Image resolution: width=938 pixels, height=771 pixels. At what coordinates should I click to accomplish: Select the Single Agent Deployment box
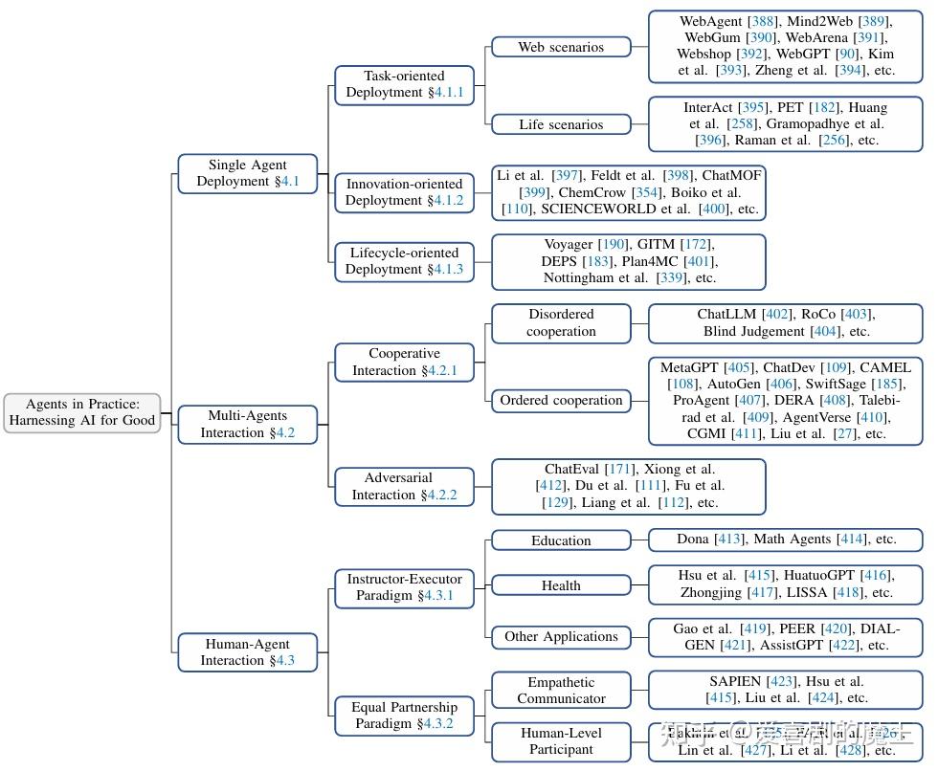coord(247,173)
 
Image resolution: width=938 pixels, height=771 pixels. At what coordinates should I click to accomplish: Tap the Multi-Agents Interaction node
coord(247,424)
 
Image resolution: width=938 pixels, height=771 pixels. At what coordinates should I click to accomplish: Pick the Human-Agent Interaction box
coord(247,651)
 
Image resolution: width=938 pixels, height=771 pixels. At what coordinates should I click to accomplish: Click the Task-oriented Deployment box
coord(404,84)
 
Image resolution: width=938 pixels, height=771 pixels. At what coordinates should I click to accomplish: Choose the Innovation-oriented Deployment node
coord(404,192)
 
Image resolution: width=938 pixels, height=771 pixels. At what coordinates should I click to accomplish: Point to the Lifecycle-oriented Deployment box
coord(404,261)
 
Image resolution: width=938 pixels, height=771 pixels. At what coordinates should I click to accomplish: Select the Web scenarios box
coord(561,47)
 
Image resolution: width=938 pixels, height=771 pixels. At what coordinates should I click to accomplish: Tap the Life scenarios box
coord(561,124)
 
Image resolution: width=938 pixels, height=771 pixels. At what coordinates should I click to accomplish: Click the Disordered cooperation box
coord(561,322)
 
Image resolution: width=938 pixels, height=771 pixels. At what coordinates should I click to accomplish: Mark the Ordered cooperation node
coord(561,400)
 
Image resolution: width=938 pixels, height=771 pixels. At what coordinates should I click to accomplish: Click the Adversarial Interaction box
coord(404,486)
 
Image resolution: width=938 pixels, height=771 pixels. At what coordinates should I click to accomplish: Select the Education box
coord(561,540)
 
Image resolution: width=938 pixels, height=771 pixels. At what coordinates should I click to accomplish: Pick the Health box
coord(561,585)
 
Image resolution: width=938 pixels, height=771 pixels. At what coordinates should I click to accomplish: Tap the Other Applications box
coord(561,636)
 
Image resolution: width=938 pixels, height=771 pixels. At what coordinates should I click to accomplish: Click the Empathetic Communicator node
coord(561,690)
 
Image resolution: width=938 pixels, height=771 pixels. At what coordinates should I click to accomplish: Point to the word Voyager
coord(569,244)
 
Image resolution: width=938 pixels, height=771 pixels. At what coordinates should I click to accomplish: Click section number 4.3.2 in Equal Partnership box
coord(435,724)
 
